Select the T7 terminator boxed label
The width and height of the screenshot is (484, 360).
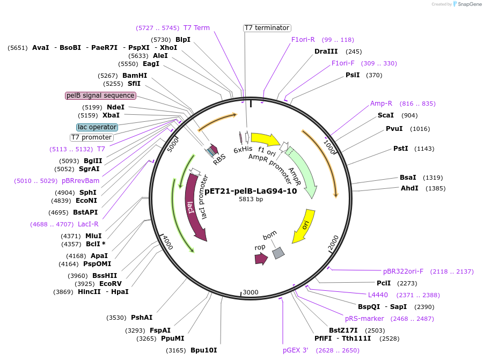[267, 28]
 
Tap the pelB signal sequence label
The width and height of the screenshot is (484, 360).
[100, 95]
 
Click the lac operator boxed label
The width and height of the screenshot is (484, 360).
[97, 127]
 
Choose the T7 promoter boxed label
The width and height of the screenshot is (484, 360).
[91, 137]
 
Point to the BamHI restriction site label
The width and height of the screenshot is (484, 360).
[135, 76]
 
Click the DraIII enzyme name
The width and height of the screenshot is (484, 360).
[326, 52]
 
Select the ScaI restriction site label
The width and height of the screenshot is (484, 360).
[386, 115]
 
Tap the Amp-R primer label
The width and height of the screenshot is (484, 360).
[381, 104]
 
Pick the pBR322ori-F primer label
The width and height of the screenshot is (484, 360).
[403, 271]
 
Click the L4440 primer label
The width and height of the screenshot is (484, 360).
[378, 295]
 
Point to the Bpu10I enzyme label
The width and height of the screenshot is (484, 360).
[204, 350]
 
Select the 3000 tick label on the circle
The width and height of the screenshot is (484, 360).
[251, 292]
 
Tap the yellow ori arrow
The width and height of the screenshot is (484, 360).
[303, 226]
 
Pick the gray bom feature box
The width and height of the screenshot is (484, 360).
[278, 253]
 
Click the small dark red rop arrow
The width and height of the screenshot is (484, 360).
[261, 259]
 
